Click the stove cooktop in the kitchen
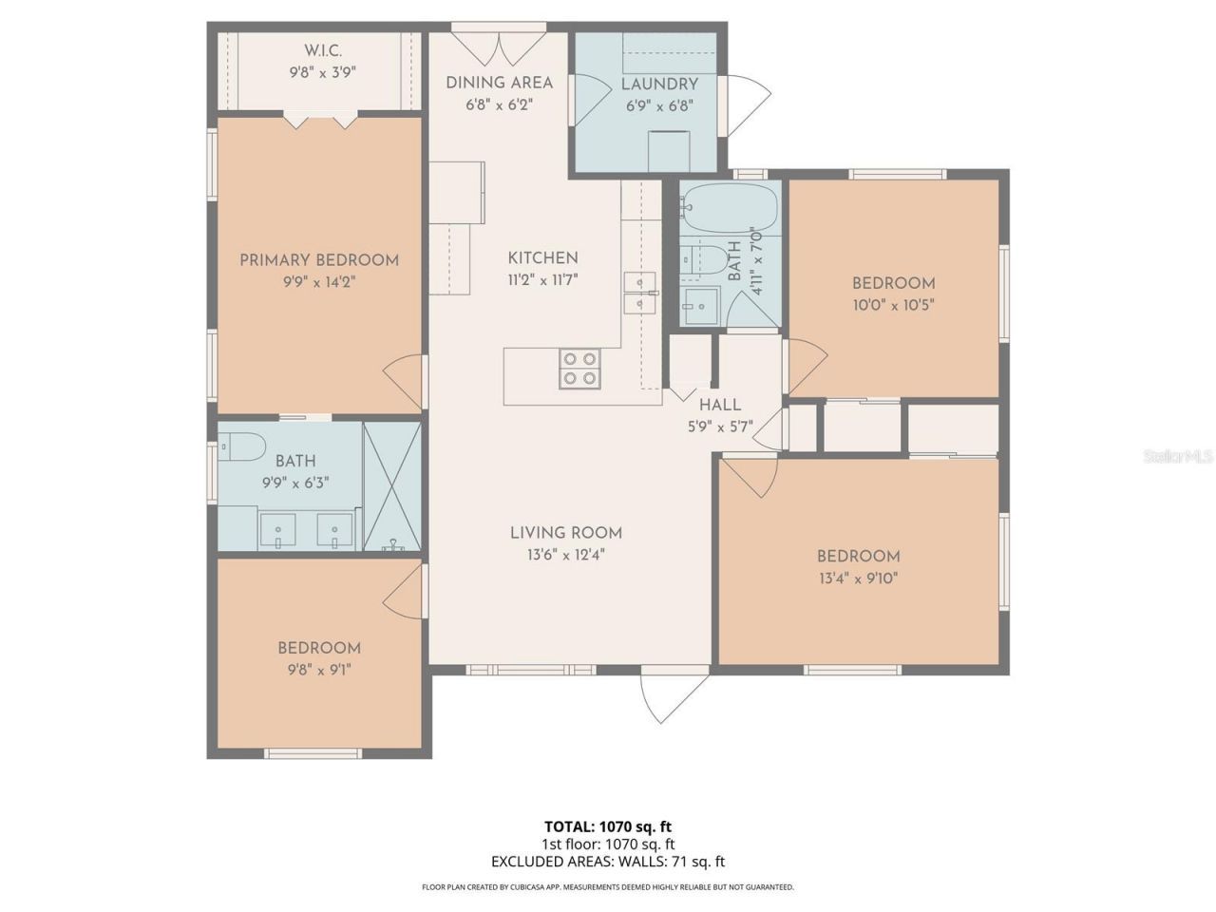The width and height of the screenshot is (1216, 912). [579, 369]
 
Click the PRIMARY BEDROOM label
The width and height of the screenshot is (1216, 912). [318, 260]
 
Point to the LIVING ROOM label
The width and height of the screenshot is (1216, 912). [566, 533]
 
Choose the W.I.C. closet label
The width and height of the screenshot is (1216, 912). [322, 50]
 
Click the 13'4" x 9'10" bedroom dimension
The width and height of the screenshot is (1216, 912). [858, 578]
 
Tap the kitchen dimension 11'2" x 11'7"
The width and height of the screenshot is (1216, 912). [542, 279]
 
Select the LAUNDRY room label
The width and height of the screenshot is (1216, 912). [659, 84]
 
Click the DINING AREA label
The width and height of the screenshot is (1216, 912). [499, 83]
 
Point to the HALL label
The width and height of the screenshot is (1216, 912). [720, 405]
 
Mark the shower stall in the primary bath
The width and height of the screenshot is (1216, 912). [391, 486]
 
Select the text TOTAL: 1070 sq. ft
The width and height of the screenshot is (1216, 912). [607, 826]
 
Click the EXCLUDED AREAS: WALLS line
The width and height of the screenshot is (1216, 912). [607, 862]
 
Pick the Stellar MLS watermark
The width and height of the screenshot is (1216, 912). [1178, 457]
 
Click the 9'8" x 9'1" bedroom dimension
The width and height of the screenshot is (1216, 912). [318, 669]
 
